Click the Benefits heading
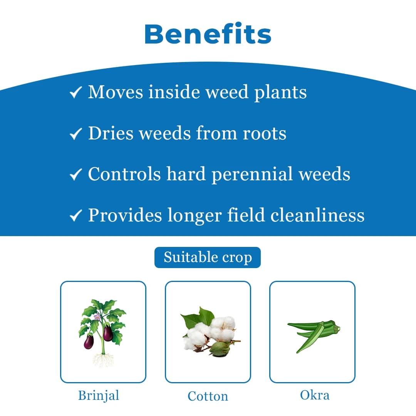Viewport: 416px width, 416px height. [208, 34]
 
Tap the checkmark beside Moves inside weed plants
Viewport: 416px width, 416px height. [75, 93]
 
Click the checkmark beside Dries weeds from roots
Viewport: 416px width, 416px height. [75, 134]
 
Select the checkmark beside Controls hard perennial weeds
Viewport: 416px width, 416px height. [75, 175]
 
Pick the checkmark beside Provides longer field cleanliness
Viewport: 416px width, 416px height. [75, 216]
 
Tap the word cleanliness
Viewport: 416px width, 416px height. [317, 215]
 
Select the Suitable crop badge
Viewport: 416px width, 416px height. [208, 257]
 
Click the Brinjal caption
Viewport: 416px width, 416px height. [99, 395]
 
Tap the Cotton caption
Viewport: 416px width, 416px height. [208, 396]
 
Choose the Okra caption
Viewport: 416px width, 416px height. [315, 395]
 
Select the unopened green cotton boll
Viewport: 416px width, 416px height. [219, 348]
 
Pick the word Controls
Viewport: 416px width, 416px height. [124, 174]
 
